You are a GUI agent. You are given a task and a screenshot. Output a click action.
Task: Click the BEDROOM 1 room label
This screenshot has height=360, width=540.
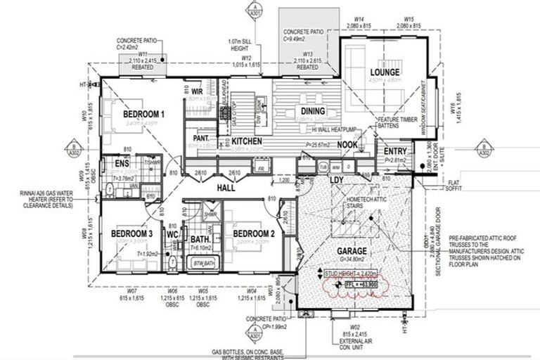pyautogui.click(x=143, y=114)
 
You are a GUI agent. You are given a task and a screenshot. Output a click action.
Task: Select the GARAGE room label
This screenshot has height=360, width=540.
pyautogui.click(x=351, y=251)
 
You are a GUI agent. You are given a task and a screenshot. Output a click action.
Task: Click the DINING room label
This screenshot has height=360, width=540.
pyautogui.click(x=312, y=111)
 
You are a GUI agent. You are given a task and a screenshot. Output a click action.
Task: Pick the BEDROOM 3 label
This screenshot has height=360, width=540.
pyautogui.click(x=131, y=233)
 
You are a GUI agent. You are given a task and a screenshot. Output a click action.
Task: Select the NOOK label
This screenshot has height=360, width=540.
pyautogui.click(x=347, y=145)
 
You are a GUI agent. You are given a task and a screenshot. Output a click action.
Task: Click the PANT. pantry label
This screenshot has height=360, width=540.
pyautogui.click(x=201, y=139)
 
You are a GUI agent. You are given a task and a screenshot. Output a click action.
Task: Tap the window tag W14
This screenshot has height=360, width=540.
pyautogui.click(x=359, y=19)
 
